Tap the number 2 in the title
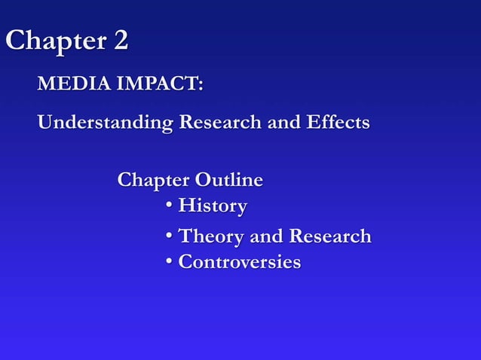click(x=120, y=41)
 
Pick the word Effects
click(x=337, y=121)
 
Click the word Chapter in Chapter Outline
click(x=153, y=181)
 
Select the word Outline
click(x=229, y=181)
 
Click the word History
click(x=213, y=206)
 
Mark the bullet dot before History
click(x=170, y=206)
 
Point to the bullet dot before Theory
click(x=170, y=237)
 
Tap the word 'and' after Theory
click(x=265, y=236)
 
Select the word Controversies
click(x=239, y=263)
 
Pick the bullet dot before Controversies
click(x=170, y=263)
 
